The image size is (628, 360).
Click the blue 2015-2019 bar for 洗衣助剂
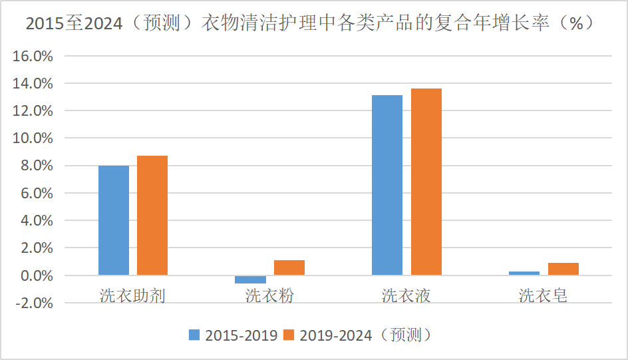click(x=114, y=220)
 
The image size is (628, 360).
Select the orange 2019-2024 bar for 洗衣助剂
click(x=152, y=215)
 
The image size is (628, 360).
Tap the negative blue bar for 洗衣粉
click(x=250, y=279)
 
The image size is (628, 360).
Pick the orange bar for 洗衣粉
click(x=289, y=268)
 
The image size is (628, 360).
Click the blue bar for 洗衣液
click(x=387, y=185)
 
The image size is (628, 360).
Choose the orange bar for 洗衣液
click(x=426, y=182)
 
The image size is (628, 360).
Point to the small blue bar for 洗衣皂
click(x=524, y=273)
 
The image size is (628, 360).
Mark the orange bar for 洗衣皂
click(x=563, y=269)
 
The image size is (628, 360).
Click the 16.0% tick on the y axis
click(x=33, y=56)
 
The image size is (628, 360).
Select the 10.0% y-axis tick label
click(x=33, y=138)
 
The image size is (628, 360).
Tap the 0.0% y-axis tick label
click(x=36, y=275)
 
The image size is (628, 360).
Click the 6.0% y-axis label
click(x=36, y=194)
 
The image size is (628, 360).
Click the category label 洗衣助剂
click(x=132, y=295)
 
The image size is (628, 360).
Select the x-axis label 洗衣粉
click(x=269, y=295)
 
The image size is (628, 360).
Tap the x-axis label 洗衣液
click(x=406, y=295)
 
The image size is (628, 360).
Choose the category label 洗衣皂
click(x=544, y=295)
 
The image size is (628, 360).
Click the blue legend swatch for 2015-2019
click(x=194, y=334)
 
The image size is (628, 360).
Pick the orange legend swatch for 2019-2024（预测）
click(x=289, y=334)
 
